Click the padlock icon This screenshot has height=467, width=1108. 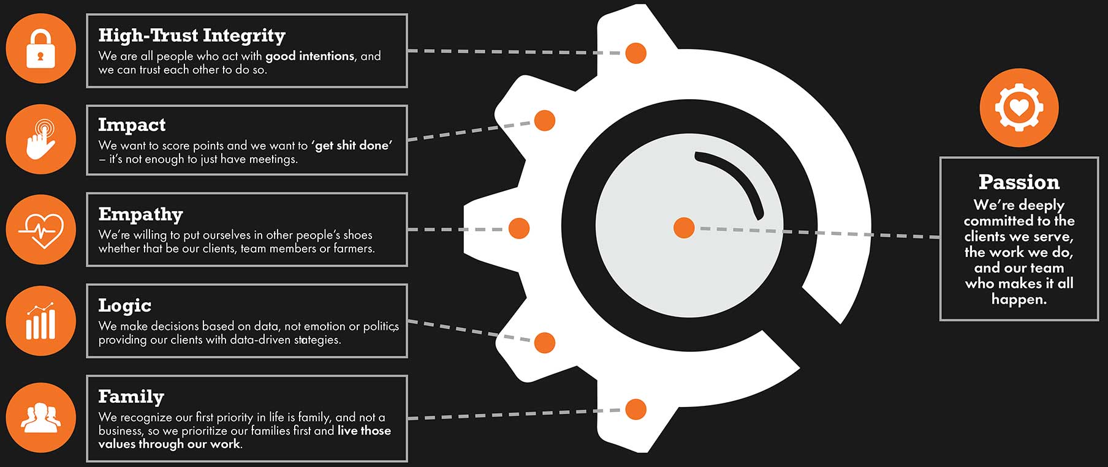pyautogui.click(x=40, y=49)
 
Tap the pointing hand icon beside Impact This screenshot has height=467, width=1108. pyautogui.click(x=40, y=140)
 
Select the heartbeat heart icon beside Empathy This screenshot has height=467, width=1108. pyautogui.click(x=40, y=230)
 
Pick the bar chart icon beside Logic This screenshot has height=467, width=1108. pyautogui.click(x=40, y=321)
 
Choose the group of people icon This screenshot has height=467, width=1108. pyautogui.click(x=40, y=417)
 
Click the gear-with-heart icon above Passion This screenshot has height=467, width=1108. pyautogui.click(x=1019, y=108)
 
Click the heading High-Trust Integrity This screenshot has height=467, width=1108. pyautogui.click(x=192, y=35)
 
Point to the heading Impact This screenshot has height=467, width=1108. pyautogui.click(x=132, y=125)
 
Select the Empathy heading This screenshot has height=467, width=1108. pyautogui.click(x=140, y=214)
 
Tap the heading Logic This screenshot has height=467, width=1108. pyautogui.click(x=124, y=305)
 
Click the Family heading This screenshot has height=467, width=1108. pyautogui.click(x=131, y=397)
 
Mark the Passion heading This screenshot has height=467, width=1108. pyautogui.click(x=1019, y=182)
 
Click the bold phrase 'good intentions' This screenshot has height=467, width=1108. pyautogui.click(x=309, y=56)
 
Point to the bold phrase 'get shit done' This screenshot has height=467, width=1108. pyautogui.click(x=352, y=146)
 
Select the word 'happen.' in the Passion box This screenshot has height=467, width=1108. pyautogui.click(x=1019, y=299)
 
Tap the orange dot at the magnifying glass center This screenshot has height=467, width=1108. pyautogui.click(x=684, y=228)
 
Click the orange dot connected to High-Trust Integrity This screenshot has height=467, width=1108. pyautogui.click(x=636, y=53)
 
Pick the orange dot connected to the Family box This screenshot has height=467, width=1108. pyautogui.click(x=636, y=409)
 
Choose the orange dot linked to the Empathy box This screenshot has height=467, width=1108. pyautogui.click(x=518, y=228)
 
